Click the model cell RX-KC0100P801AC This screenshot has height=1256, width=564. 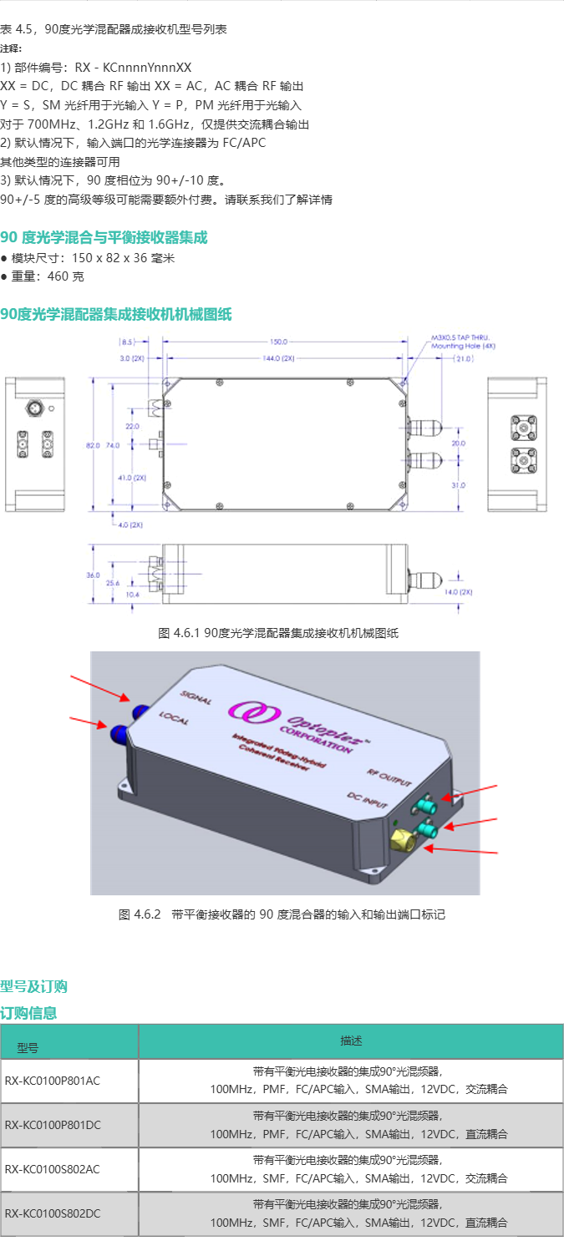tap(52, 1081)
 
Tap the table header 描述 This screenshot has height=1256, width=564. tap(351, 1041)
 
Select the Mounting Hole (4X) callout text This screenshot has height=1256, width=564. tap(463, 344)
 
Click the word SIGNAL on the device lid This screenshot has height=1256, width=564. tap(195, 699)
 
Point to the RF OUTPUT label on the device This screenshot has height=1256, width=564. tap(389, 777)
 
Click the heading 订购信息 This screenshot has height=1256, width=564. tap(28, 1013)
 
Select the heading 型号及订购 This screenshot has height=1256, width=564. tap(33, 986)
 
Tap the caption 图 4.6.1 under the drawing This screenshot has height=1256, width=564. tap(278, 633)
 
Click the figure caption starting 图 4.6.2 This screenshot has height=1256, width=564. tap(282, 914)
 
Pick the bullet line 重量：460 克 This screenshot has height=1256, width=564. tap(47, 276)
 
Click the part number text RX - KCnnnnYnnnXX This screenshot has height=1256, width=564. tap(133, 68)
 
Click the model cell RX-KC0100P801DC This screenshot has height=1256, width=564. tap(52, 1125)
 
